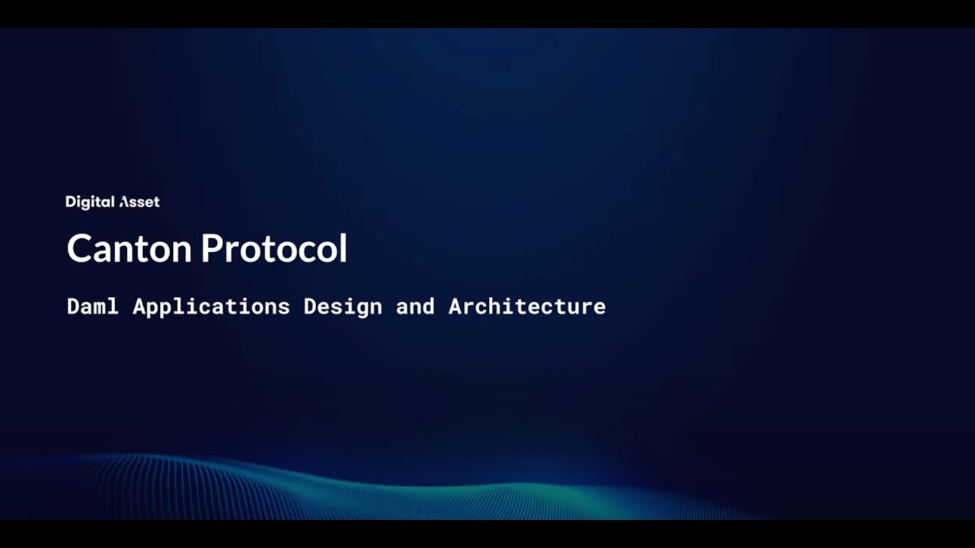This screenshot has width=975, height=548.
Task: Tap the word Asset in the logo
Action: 139,202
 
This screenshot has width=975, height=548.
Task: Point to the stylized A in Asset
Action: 125,202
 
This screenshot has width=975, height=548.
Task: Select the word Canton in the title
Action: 130,249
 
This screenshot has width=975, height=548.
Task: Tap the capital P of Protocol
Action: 213,249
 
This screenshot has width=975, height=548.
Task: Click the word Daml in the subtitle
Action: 93,306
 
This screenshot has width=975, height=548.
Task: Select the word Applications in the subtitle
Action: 211,307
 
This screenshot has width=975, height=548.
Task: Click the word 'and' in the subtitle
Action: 415,306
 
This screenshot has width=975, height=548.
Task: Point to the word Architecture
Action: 527,306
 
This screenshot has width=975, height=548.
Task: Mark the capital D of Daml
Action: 74,306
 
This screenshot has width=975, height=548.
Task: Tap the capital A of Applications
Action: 139,306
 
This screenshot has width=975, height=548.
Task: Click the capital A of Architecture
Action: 456,306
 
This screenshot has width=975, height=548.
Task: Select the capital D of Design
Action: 310,306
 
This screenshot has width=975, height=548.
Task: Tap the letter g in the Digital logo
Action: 85,203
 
